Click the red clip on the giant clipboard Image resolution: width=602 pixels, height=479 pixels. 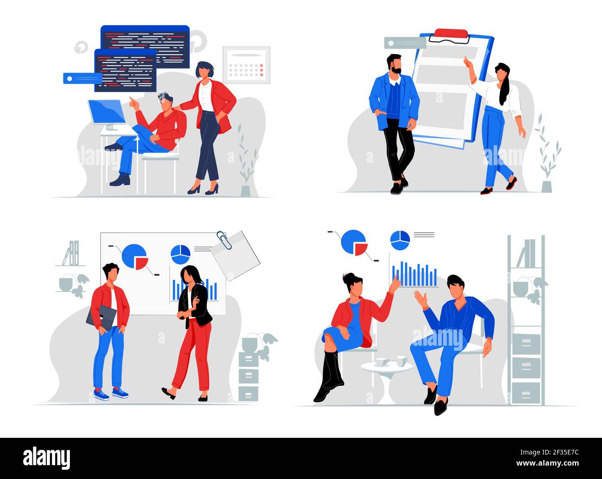click(x=451, y=33)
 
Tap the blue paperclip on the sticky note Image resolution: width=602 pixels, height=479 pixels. click(x=224, y=240)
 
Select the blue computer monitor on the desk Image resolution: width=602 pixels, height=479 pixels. click(x=107, y=112)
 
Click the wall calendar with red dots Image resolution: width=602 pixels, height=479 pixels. click(x=246, y=64)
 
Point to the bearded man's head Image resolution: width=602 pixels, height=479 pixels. click(x=394, y=64)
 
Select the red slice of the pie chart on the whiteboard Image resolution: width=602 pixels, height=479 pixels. click(x=142, y=263)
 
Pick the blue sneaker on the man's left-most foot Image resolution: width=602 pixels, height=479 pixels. click(x=101, y=394)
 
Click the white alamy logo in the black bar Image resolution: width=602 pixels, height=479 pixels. click(x=47, y=458)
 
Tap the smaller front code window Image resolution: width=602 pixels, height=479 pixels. click(x=125, y=70)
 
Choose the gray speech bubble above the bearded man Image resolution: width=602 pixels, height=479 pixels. click(x=405, y=43)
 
